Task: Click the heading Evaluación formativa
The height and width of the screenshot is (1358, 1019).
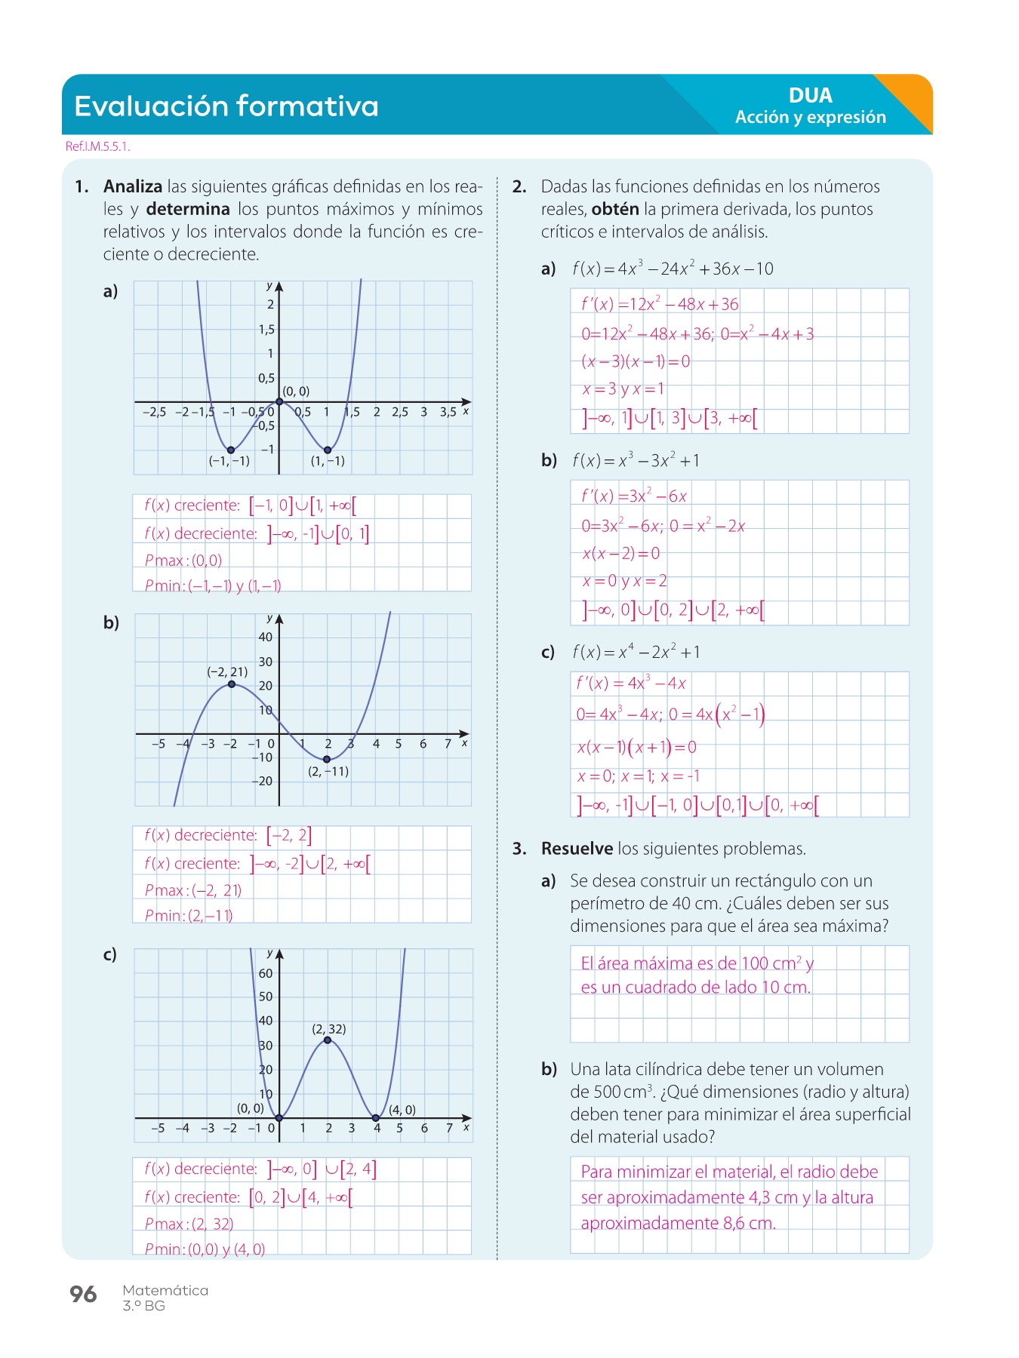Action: [x=226, y=106]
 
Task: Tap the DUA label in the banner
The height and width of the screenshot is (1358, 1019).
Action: [x=810, y=95]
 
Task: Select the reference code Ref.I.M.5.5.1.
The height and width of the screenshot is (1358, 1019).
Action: [x=98, y=146]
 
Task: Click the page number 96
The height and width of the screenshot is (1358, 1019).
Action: [x=83, y=1294]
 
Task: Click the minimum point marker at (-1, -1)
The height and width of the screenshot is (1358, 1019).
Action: [x=231, y=450]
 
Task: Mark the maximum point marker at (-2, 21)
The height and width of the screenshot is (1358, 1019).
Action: [x=232, y=684]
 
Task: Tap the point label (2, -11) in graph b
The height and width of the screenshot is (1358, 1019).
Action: [x=328, y=771]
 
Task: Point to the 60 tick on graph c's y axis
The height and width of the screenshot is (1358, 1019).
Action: [x=266, y=973]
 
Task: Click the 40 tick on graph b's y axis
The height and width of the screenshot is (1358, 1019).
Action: [x=266, y=637]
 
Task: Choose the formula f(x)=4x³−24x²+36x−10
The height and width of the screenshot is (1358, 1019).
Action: [x=673, y=269]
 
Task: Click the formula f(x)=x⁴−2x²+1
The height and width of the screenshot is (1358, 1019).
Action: [x=636, y=652]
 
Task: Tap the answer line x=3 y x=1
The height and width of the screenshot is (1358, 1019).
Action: [x=623, y=389]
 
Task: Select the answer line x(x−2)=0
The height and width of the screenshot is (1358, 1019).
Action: [x=620, y=553]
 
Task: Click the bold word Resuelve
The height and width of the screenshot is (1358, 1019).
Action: [x=577, y=849]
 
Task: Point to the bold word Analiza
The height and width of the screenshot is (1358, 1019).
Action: [x=133, y=186]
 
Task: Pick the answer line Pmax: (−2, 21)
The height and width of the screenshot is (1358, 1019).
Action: [x=193, y=890]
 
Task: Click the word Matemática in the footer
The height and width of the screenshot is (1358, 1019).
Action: [x=165, y=1290]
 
